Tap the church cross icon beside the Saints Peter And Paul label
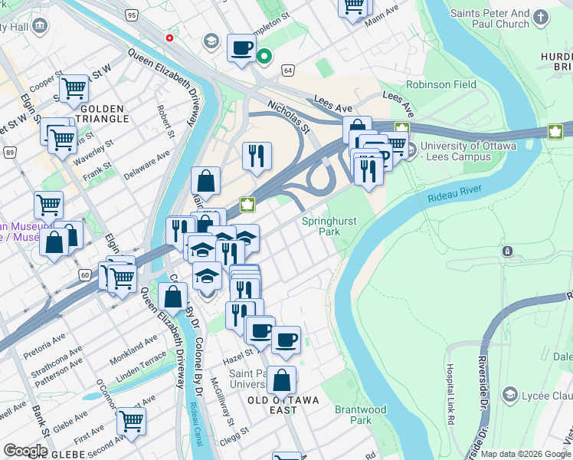[542, 16]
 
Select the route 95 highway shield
[132, 15]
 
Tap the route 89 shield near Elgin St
[9, 153]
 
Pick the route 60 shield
[84, 274]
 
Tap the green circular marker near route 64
[264, 56]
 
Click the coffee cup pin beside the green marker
[241, 48]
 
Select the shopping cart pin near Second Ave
[131, 420]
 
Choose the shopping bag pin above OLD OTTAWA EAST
[282, 379]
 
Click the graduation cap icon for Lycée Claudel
[510, 394]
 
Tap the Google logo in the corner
[25, 451]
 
